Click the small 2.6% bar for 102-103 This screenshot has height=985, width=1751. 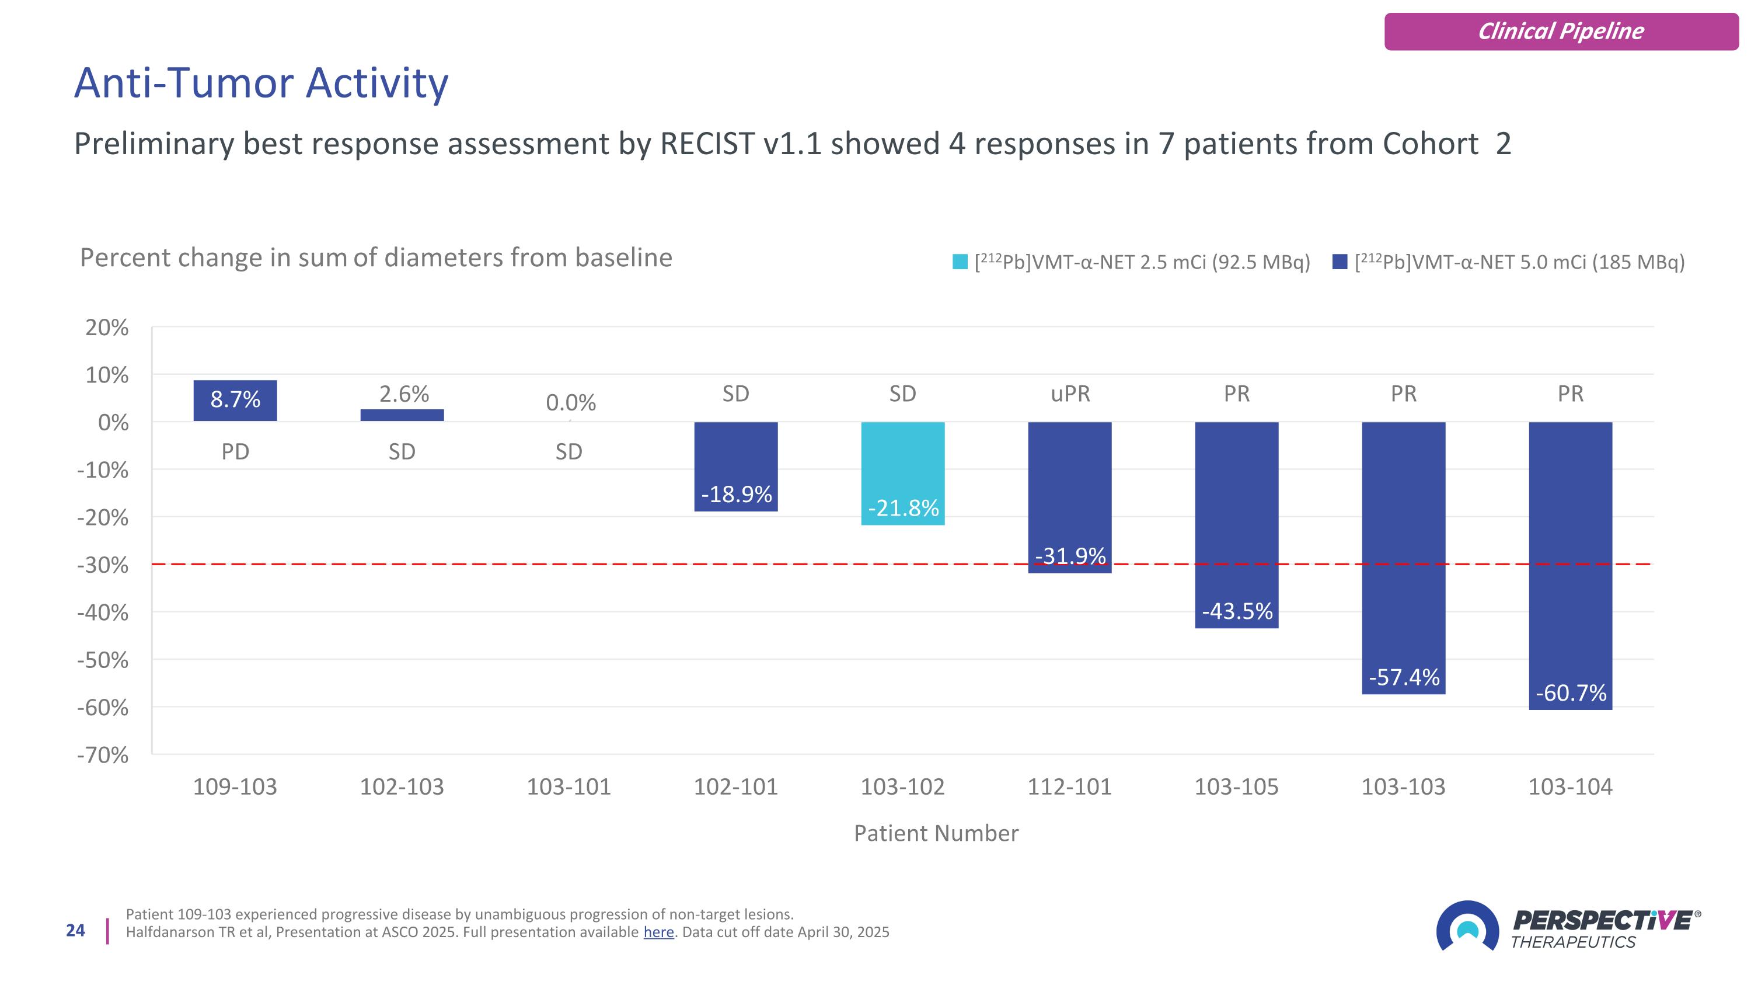pos(402,415)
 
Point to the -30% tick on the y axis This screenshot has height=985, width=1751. pos(103,565)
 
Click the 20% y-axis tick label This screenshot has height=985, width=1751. pos(107,328)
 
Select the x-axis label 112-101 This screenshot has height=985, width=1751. pos(1069,786)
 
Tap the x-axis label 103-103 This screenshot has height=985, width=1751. pos(1403,786)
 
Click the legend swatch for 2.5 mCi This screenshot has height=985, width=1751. pos(960,262)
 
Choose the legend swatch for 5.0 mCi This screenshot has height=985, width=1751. pos(1340,262)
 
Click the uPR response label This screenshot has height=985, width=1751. pos(1070,394)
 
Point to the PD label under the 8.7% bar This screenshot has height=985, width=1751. pos(235,451)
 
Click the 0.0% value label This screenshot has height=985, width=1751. pos(570,402)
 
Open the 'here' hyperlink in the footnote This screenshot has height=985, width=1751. pos(658,932)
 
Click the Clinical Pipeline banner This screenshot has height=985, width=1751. pos(1561,32)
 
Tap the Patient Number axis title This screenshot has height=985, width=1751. pos(936,833)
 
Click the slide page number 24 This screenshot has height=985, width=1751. pos(75,931)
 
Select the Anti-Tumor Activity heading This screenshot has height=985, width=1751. pos(261,83)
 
